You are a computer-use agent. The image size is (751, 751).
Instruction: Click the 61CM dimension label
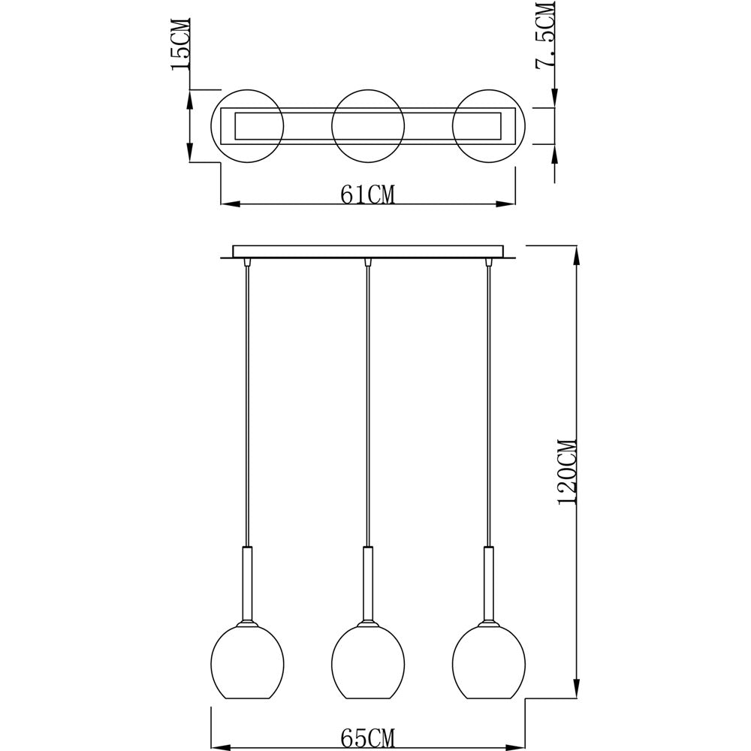(368, 194)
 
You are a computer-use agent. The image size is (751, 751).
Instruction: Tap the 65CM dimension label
(368, 737)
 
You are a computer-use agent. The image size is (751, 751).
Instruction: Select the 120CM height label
(569, 472)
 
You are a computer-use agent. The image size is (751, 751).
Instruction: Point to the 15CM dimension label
(181, 44)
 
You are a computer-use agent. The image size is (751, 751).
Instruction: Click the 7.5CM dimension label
(545, 36)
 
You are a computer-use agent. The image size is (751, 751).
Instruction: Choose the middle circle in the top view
(332, 125)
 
